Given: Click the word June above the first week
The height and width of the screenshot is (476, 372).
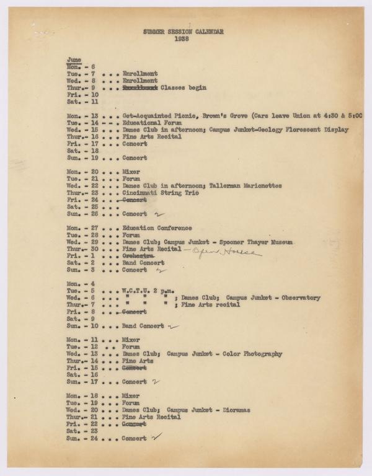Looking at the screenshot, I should click(74, 59).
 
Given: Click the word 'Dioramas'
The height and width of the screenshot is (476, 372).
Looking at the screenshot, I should click(249, 410).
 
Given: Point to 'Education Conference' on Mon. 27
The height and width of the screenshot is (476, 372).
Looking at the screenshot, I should click(157, 228).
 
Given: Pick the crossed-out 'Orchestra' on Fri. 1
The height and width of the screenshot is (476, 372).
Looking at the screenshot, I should click(138, 256).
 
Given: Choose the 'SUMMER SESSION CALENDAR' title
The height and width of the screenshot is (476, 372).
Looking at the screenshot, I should click(183, 31).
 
